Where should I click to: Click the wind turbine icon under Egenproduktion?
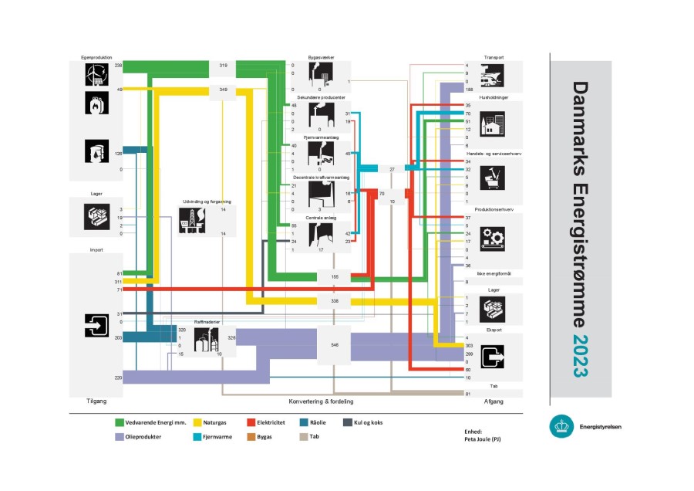tap(96, 73)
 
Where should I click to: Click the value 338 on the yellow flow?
tap(334, 300)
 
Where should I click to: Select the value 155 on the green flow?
tap(334, 276)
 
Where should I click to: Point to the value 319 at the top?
tap(223, 66)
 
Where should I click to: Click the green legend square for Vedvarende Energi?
tap(120, 422)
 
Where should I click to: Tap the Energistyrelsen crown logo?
tap(561, 426)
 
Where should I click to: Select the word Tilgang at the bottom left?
tap(96, 401)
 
